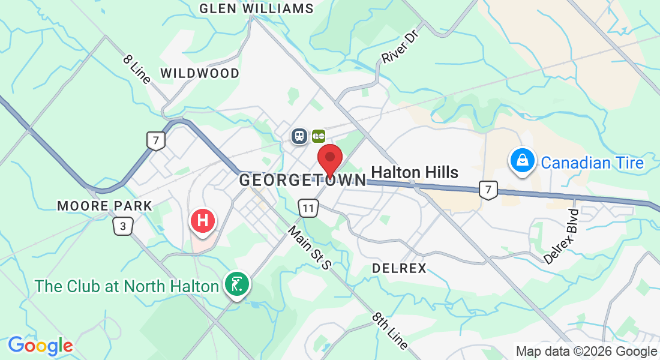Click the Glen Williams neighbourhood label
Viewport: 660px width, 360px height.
[256, 8]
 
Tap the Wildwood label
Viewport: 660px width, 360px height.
[200, 73]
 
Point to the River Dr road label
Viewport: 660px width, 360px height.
[398, 47]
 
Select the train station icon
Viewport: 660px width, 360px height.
[299, 136]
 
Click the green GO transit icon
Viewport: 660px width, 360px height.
[318, 136]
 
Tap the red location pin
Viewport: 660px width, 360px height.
[329, 160]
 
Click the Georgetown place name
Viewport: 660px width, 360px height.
[302, 180]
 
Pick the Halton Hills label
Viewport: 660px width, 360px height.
[415, 173]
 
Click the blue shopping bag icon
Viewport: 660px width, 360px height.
[522, 160]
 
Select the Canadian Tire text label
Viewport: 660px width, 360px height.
[592, 163]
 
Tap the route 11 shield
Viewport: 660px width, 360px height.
[308, 209]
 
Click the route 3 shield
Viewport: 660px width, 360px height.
[123, 226]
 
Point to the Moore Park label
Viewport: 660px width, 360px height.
[105, 206]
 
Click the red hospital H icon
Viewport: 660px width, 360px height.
[203, 221]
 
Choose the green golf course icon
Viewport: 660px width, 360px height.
[237, 283]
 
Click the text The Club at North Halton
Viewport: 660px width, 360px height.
[126, 286]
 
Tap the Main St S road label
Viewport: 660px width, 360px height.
[309, 247]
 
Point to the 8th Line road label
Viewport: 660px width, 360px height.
[390, 331]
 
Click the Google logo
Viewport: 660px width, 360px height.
[40, 346]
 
